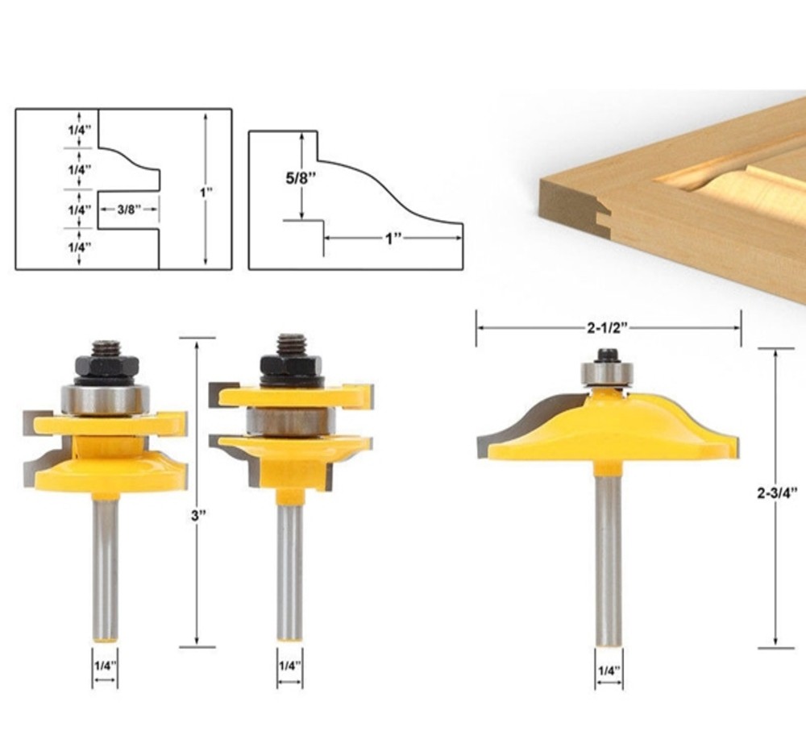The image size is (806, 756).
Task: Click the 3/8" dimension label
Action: [x=127, y=210]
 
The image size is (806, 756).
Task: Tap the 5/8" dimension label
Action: [x=301, y=178]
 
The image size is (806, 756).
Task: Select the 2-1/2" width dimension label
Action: [x=608, y=328]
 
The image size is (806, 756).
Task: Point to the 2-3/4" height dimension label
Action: [x=777, y=493]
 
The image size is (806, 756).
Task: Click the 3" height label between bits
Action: [x=198, y=516]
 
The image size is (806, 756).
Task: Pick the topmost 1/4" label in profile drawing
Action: [x=80, y=130]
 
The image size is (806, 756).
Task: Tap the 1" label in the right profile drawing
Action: [x=393, y=239]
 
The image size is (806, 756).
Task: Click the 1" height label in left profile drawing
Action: [x=206, y=193]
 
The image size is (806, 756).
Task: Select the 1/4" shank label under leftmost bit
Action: [x=105, y=666]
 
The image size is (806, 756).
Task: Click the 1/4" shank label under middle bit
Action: [x=289, y=666]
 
